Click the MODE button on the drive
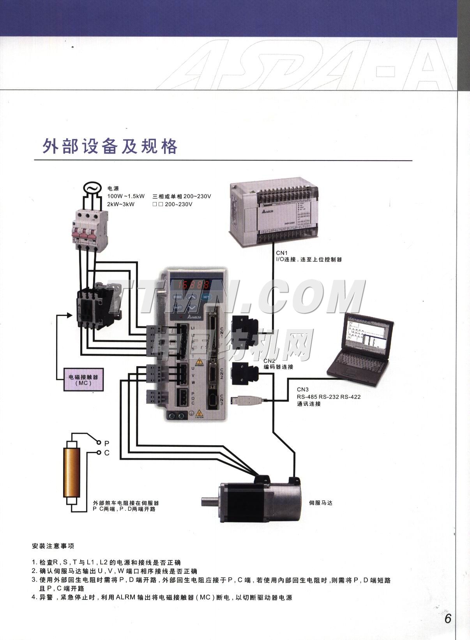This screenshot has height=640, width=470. coord(178,297)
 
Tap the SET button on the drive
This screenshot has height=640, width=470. coord(206,297)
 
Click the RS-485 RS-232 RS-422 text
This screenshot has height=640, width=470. coord(329,397)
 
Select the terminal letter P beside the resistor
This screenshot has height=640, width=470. coord(107,443)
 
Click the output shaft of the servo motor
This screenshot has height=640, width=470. coord(210,501)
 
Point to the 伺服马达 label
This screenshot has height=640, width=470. coord(320,503)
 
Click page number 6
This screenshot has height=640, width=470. coord(448,619)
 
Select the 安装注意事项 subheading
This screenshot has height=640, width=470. coord(53,546)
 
